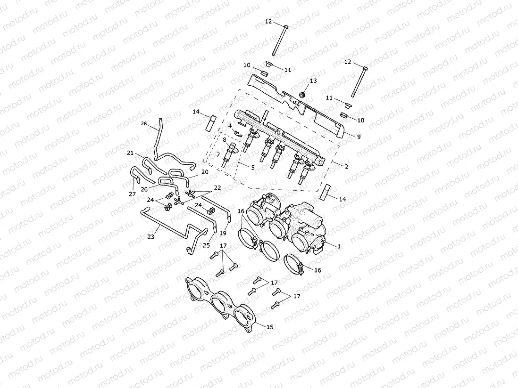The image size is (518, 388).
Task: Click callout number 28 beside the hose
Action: coord(144,123)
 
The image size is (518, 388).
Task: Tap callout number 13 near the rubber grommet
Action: coord(314,81)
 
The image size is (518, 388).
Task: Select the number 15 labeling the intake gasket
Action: coord(270,326)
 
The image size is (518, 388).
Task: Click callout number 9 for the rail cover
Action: coord(359,137)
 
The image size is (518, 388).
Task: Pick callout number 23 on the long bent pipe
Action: coord(150,237)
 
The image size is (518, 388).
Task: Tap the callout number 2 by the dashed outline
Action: coord(346,167)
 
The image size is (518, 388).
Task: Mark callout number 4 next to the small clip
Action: coord(230,126)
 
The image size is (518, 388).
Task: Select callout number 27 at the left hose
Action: coord(132,194)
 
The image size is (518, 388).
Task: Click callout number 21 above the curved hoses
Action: coord(131,153)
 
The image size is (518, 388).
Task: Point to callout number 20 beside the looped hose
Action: coord(205,172)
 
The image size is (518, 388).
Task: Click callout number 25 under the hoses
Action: coord(206,245)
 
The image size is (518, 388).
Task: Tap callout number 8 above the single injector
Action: coord(225,140)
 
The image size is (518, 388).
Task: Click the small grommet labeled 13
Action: coord(303,95)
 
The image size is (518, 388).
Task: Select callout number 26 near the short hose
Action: coord(144,189)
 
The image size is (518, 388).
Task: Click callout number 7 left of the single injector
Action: coord(218,154)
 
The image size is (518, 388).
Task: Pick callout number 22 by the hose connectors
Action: coord(217,187)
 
